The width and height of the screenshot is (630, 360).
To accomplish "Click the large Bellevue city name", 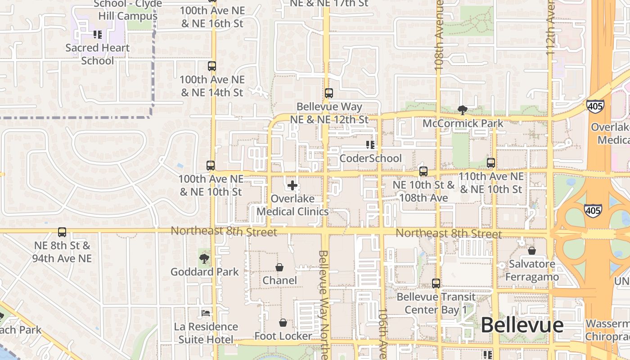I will pos(522,325).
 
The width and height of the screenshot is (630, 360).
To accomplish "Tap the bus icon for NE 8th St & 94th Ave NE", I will pos(62,232).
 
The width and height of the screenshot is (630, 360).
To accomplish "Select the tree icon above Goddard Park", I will pos(204,259).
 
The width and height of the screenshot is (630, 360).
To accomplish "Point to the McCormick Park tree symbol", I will pos(462,110).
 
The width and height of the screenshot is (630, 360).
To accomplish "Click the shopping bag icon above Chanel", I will pos(279,267).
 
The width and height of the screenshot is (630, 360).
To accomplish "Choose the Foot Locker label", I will pos(283,336).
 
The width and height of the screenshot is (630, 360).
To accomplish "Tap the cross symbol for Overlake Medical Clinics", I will pos(292,185).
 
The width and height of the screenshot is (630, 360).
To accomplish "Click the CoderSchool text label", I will pos(370,158).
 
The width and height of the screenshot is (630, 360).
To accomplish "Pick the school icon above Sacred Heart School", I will pos(98,34).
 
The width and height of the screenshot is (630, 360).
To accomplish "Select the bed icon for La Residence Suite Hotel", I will pos(206,313).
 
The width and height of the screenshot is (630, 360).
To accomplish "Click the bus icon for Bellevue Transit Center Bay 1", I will pos(436,283).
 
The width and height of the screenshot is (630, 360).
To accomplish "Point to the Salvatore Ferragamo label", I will pos(532,270).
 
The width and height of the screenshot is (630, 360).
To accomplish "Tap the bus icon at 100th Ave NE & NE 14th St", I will pos(211,66).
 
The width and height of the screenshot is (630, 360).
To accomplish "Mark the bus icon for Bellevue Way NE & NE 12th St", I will pos(329,93).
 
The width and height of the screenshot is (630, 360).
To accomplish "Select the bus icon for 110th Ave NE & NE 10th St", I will pos(491,163).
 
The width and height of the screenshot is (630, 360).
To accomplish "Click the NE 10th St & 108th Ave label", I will pos(423,191).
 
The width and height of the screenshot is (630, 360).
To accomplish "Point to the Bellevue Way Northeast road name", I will pos(324,304).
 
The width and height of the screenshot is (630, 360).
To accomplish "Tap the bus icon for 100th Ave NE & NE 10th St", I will pos(210,165).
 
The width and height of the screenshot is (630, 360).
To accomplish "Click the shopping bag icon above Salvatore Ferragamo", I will pos(531,251).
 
